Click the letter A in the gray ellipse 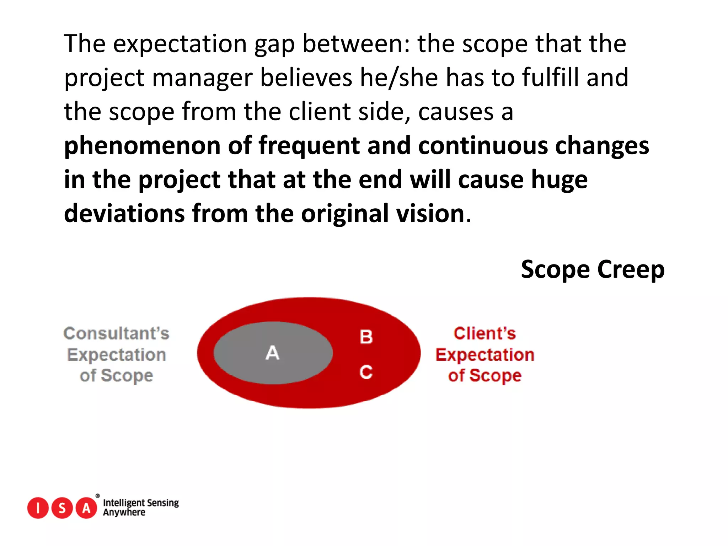[273, 353]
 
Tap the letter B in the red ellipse [366, 337]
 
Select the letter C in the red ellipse [366, 372]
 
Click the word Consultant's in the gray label [116, 333]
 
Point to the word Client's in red [485, 333]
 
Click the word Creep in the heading [631, 269]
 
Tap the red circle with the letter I [38, 508]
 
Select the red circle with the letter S [62, 508]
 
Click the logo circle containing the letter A [86, 508]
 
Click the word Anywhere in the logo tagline [124, 513]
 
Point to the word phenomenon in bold [142, 146]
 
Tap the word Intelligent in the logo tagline [123, 503]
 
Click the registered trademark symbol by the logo [98, 496]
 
